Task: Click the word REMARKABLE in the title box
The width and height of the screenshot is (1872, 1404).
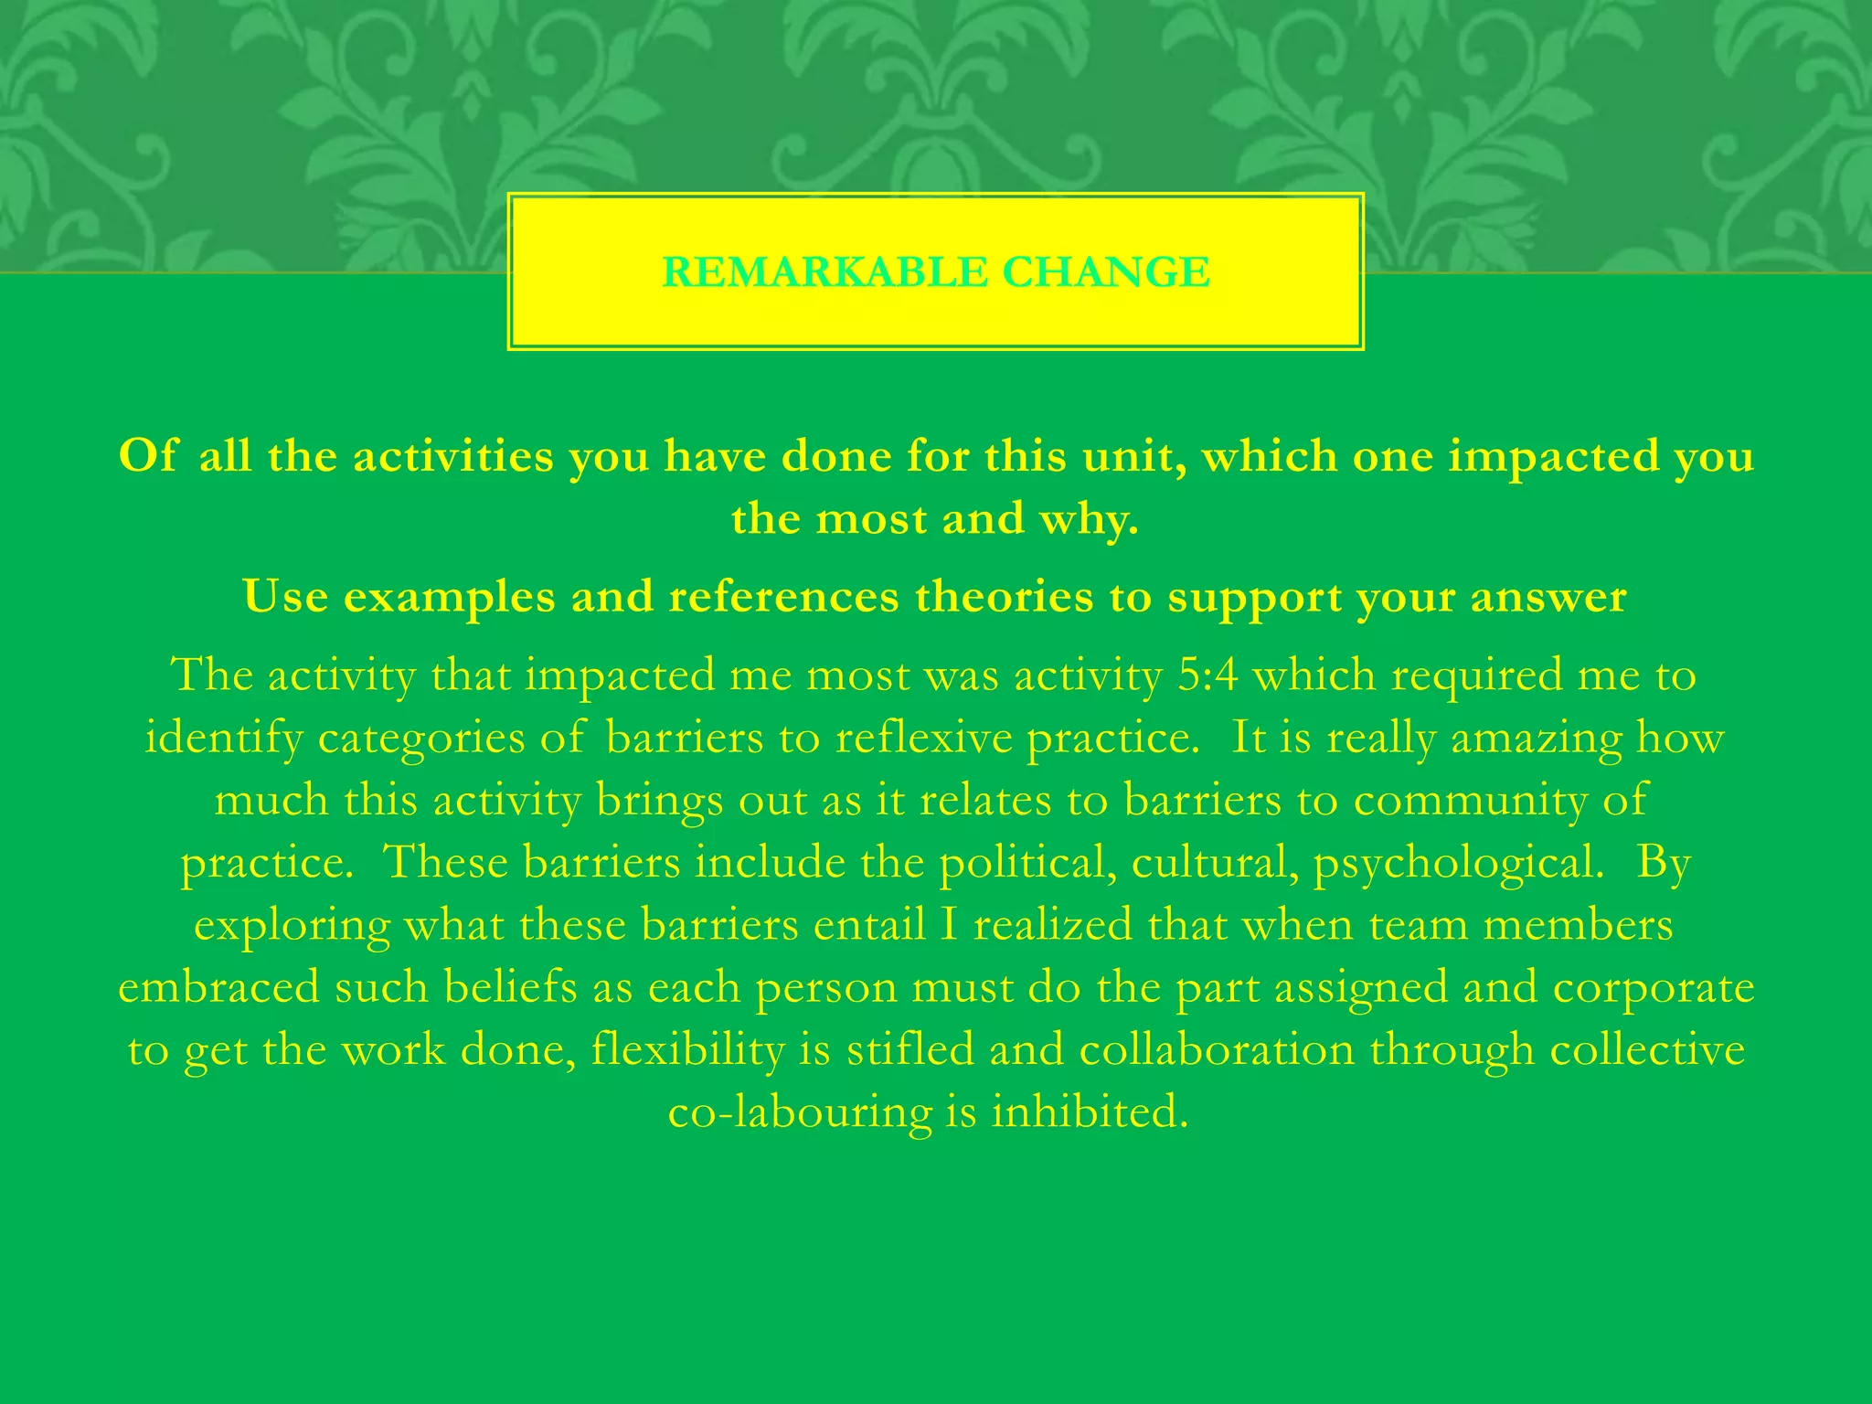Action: click(824, 272)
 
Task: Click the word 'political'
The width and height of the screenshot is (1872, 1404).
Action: click(1027, 863)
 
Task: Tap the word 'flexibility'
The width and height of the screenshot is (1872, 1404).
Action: click(688, 1050)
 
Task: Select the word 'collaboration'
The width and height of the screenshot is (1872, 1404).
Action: click(1217, 1050)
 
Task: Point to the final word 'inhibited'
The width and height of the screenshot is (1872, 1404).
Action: click(1090, 1111)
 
